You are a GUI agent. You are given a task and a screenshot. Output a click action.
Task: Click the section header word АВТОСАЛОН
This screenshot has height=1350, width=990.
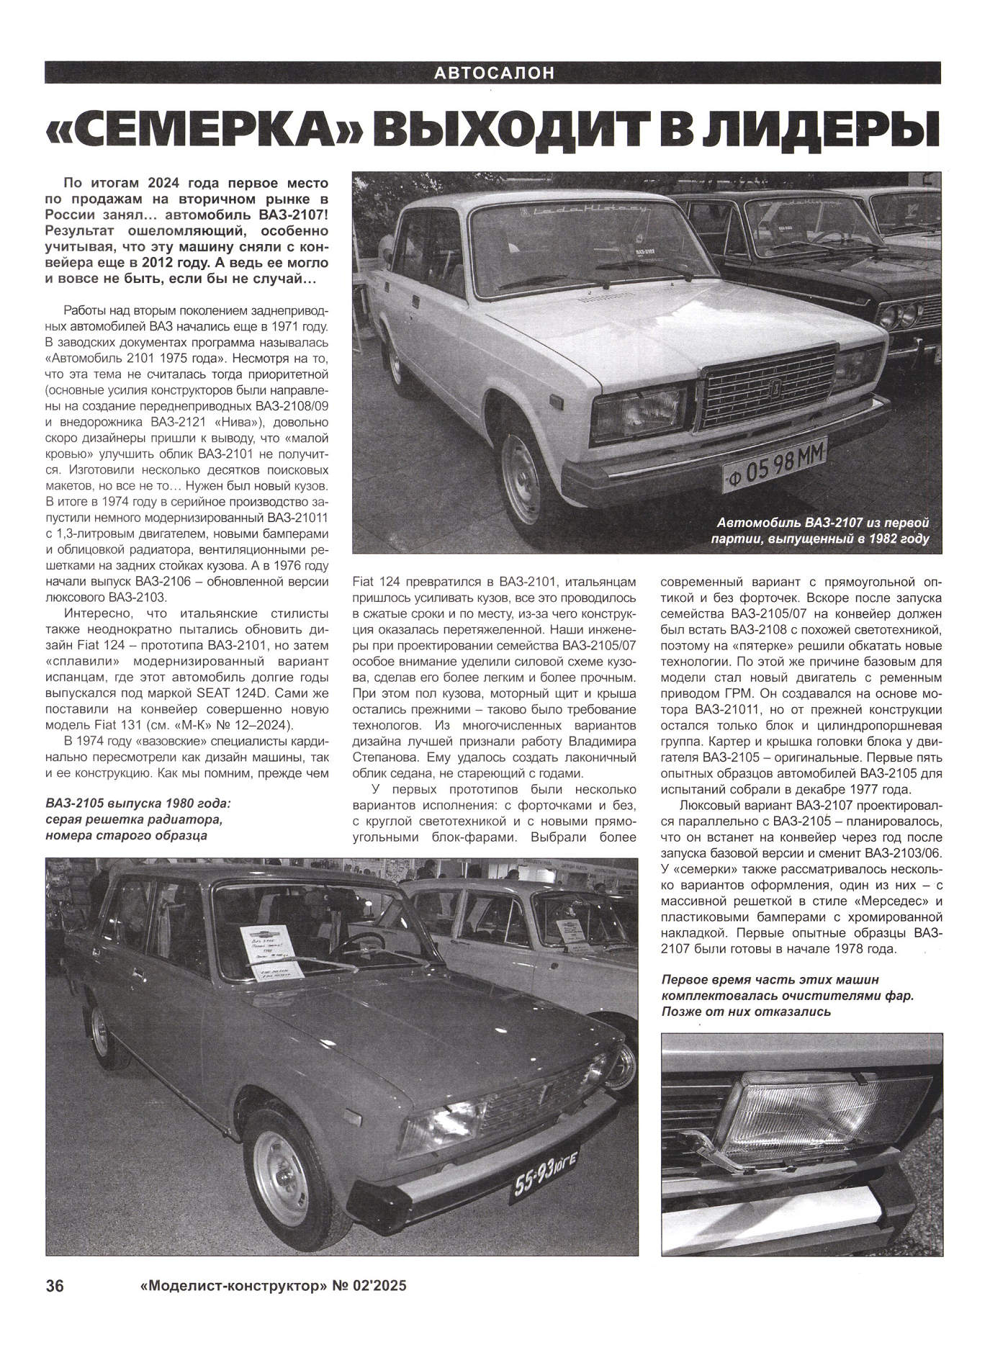coord(494,73)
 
